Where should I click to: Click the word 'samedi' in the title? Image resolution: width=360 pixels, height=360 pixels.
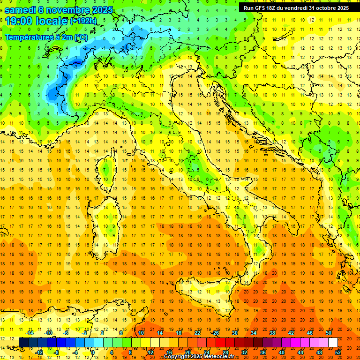[x=20, y=10]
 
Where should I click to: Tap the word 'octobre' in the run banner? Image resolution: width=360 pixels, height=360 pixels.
[x=322, y=7]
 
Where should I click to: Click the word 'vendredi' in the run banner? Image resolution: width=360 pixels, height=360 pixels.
[x=293, y=7]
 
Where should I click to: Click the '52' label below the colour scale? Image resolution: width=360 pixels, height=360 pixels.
[x=338, y=352]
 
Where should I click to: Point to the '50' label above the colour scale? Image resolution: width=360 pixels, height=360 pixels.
[x=329, y=333]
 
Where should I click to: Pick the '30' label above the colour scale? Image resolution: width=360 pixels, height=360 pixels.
[x=234, y=333]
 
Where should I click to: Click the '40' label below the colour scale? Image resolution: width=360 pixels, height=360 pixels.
[x=282, y=352]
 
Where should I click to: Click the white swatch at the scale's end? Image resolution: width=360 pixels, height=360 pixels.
[x=333, y=343]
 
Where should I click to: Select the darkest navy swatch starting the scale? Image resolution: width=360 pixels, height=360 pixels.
[x=23, y=343]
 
